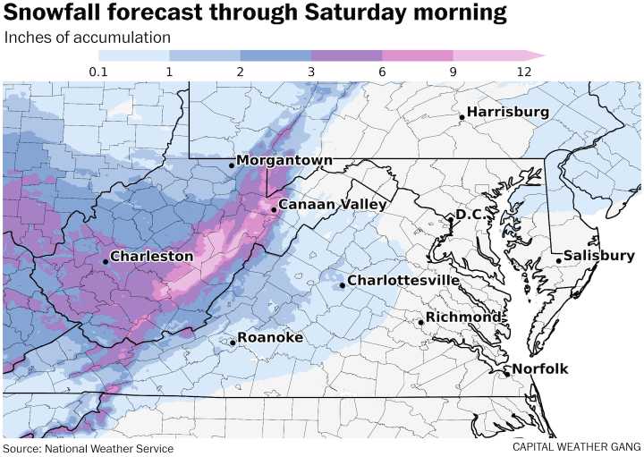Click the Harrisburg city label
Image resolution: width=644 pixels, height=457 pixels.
click(x=507, y=112)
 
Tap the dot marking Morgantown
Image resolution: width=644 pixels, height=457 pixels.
click(x=231, y=165)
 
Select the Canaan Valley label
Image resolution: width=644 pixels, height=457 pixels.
click(x=332, y=205)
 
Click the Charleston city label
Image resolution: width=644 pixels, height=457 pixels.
click(x=151, y=256)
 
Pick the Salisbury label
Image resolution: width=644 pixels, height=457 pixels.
click(x=599, y=256)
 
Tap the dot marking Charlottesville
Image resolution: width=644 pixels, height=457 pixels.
click(x=343, y=285)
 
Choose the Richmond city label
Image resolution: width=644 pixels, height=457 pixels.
click(x=462, y=317)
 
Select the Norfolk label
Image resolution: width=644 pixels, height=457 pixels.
click(x=539, y=369)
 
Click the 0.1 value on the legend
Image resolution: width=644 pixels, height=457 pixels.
click(x=98, y=72)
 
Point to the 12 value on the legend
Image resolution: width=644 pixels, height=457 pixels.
click(x=523, y=72)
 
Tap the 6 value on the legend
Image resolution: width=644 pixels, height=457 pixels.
click(x=382, y=72)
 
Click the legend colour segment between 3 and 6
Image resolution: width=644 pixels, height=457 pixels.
click(x=346, y=55)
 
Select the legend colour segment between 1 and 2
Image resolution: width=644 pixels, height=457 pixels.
click(x=205, y=55)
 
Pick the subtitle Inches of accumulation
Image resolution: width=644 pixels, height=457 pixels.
click(x=88, y=38)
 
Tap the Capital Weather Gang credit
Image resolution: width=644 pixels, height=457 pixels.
click(x=577, y=446)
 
